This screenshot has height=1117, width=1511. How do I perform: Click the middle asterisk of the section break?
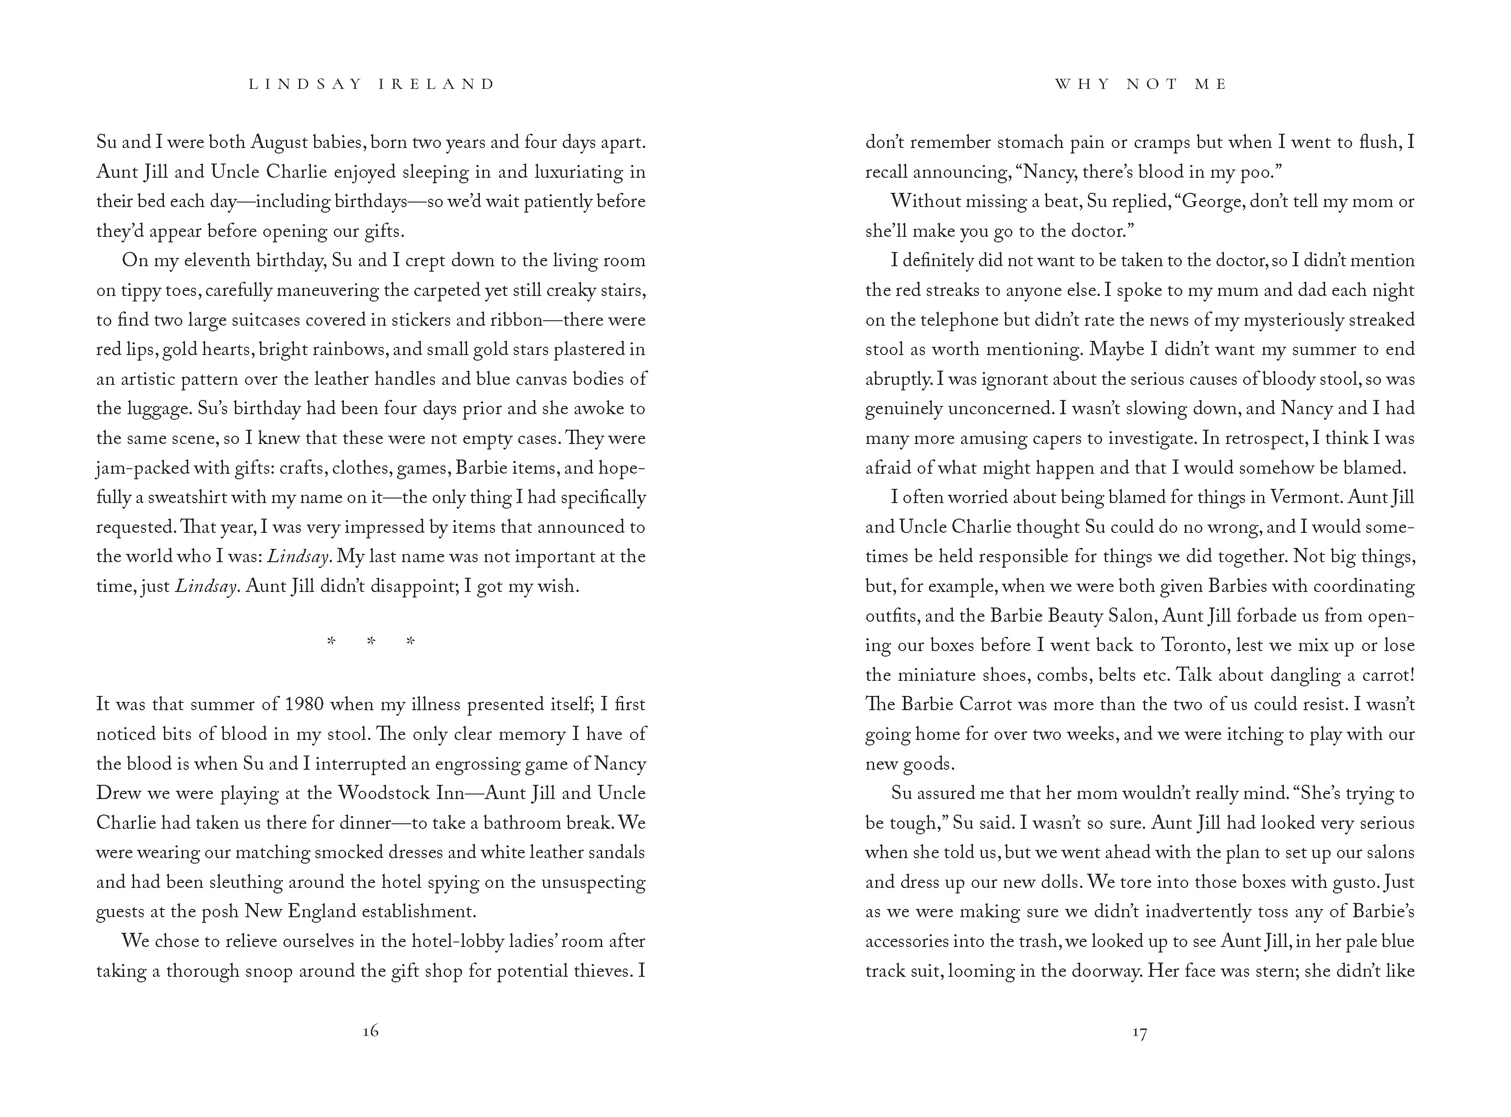coord(370,641)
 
